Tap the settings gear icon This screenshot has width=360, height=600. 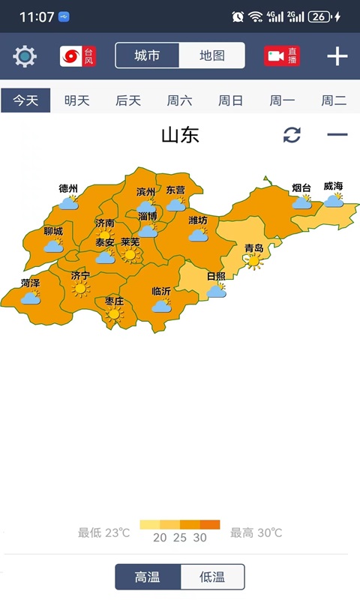[x=25, y=56]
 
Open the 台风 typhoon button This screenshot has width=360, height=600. [x=78, y=56]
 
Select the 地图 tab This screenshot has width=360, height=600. [x=211, y=56]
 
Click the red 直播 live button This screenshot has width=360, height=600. [x=282, y=56]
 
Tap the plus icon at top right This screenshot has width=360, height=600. [x=337, y=56]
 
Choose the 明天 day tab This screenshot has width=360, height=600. [x=76, y=100]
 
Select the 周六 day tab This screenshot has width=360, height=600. [x=179, y=100]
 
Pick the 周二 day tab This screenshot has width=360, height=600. [x=334, y=100]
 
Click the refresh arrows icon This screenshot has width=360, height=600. [x=292, y=135]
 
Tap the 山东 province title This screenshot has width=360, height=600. [x=180, y=135]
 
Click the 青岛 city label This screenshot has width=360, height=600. [x=254, y=248]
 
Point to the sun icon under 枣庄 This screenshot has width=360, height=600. [x=114, y=315]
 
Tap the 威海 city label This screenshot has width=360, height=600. [x=333, y=187]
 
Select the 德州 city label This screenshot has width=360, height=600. [x=68, y=188]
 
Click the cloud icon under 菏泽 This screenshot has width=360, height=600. [x=31, y=298]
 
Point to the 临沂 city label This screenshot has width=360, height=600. [x=161, y=291]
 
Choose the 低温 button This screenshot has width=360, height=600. [x=212, y=577]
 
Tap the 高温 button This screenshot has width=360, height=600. [x=148, y=577]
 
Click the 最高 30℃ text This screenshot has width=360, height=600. [x=256, y=533]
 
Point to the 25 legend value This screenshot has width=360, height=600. [x=180, y=538]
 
